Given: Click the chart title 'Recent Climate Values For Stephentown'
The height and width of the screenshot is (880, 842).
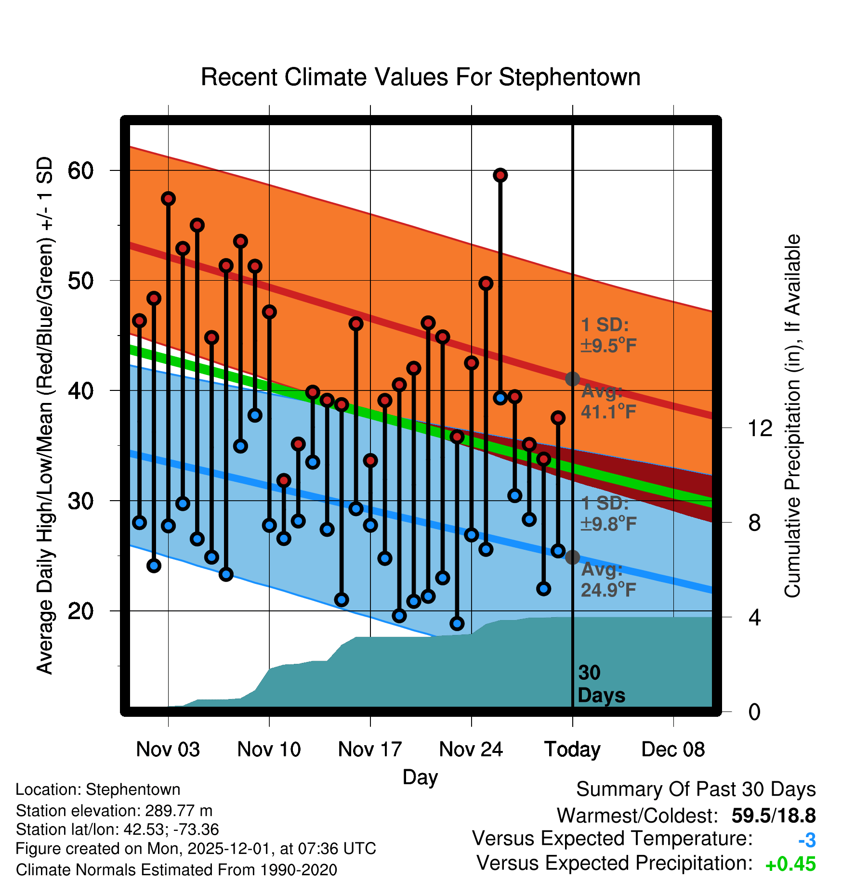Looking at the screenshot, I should (421, 77).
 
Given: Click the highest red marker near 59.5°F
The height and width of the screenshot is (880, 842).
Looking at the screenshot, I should (500, 175).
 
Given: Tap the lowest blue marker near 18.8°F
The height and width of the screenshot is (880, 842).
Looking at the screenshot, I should (457, 623).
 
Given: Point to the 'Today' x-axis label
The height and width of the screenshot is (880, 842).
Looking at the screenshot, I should (572, 750).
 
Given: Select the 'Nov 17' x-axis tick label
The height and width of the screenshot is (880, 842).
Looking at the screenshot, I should (370, 750).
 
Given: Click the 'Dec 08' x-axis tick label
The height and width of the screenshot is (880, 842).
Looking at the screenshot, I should (673, 750).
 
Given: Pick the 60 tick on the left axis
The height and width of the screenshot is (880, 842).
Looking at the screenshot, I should (80, 170).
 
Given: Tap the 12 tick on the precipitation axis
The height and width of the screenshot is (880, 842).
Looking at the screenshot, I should (760, 428).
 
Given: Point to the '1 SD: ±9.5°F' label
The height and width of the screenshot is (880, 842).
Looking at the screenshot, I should (608, 335).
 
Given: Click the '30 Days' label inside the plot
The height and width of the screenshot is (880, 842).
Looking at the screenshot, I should (601, 684).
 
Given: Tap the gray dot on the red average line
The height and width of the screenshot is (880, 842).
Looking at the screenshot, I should (572, 379).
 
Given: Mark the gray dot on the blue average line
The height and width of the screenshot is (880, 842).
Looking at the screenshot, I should (572, 557).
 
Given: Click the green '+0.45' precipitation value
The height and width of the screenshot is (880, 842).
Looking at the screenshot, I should (790, 865).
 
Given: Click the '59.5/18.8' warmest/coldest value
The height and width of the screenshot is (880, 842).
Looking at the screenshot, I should (774, 815).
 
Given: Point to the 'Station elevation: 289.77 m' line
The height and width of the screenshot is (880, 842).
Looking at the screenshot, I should (114, 811).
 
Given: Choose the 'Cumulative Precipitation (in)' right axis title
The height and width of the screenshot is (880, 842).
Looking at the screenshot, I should (792, 416).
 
